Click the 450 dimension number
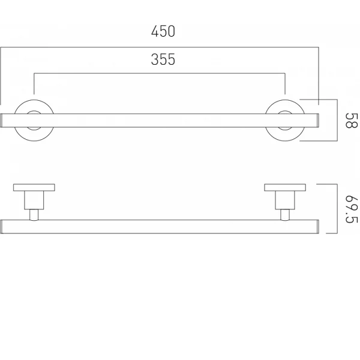163,31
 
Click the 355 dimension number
163,59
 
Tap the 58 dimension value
352,121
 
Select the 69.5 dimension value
352,209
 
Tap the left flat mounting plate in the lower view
34,187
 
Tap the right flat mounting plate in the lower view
285,187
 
